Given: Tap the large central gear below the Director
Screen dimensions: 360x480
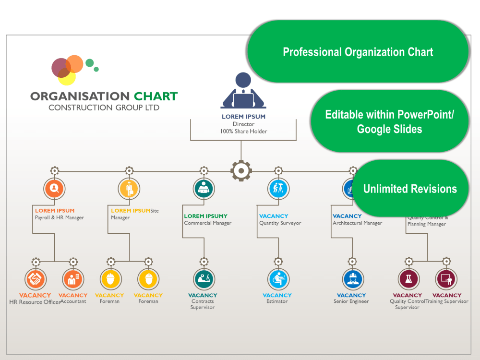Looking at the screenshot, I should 241,170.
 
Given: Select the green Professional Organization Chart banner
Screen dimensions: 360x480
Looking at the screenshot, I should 358,52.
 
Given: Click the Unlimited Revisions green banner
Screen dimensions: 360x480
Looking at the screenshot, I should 410,189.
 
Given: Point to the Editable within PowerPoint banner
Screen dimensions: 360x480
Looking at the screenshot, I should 389,121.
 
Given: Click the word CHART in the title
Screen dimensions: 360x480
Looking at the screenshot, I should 156,96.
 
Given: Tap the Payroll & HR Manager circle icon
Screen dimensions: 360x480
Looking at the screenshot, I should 54,189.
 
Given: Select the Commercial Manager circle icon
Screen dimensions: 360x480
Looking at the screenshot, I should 204,189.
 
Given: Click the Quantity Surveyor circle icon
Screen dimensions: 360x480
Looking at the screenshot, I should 278,189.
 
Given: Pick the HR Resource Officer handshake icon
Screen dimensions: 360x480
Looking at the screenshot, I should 36,279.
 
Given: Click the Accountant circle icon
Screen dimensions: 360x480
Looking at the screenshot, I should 73,279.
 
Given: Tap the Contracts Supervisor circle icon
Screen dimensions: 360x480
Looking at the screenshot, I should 204,279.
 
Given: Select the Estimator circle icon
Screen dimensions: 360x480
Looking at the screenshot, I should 278,279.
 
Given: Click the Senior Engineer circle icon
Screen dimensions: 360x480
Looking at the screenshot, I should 353,279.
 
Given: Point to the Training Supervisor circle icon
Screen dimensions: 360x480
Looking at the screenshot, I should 446,279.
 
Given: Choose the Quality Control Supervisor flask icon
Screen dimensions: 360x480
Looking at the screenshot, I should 408,279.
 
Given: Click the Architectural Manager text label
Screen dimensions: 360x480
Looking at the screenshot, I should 358,223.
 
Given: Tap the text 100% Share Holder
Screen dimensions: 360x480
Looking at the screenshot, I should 243,131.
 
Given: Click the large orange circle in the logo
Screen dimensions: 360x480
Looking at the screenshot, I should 74,64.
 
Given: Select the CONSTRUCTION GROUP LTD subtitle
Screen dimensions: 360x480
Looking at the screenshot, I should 104,108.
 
